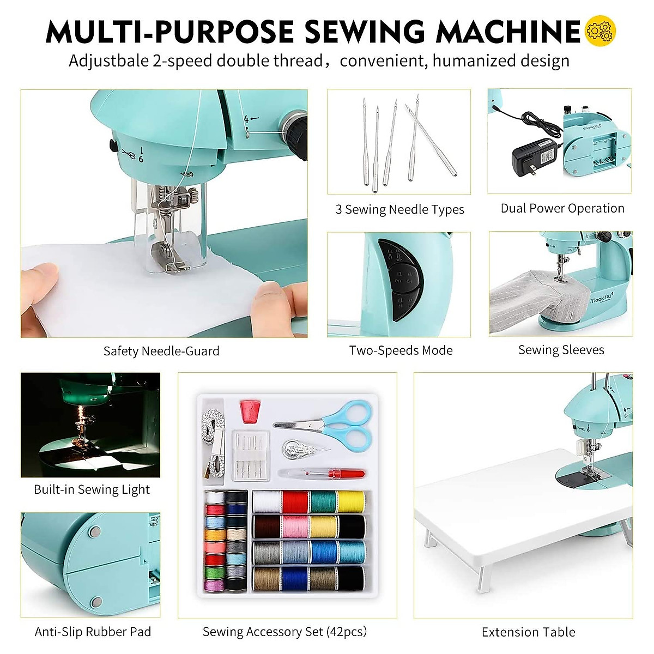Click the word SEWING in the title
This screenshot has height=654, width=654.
point(364,31)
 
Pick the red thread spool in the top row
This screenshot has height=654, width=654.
point(295,501)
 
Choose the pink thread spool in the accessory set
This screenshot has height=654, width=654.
point(295,526)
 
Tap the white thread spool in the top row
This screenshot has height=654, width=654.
point(267,501)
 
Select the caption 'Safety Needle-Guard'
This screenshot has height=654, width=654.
point(161,351)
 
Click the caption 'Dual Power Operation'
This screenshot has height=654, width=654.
point(562,208)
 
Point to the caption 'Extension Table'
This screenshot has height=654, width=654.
point(528,632)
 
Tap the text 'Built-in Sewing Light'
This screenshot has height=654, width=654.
point(92,489)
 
